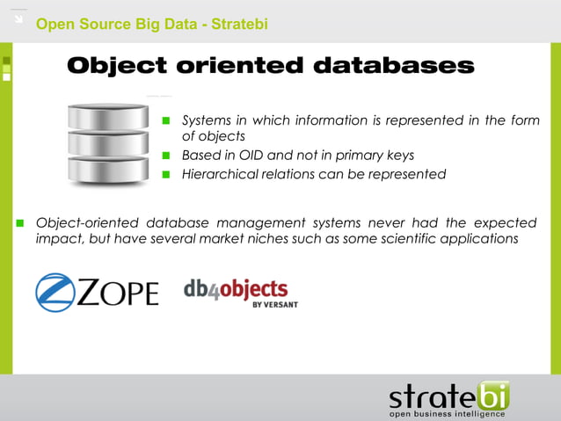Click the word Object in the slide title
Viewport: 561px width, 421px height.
click(117, 67)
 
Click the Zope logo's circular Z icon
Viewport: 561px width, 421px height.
click(55, 293)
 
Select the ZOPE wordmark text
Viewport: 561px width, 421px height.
click(118, 294)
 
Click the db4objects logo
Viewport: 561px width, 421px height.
click(236, 291)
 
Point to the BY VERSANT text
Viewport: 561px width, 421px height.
click(274, 304)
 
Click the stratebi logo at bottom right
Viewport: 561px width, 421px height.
click(448, 395)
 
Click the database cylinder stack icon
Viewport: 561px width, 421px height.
click(108, 142)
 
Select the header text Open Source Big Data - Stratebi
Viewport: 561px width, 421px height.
click(151, 24)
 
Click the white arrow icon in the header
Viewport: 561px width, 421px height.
click(18, 18)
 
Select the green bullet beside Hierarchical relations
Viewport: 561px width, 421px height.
click(165, 174)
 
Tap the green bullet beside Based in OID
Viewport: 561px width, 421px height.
click(165, 156)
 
